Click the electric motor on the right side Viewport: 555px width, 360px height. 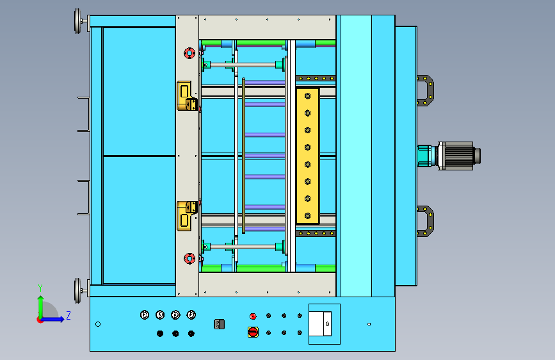tap(456, 156)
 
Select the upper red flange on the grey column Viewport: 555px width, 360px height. tap(189, 53)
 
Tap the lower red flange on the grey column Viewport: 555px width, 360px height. tap(189, 259)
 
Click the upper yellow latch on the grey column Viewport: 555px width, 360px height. tap(187, 95)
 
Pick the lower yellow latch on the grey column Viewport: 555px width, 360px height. tap(187, 216)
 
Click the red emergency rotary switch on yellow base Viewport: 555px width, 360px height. tap(253, 332)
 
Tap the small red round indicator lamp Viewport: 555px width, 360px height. tap(253, 316)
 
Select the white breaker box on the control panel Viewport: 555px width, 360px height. tap(320, 324)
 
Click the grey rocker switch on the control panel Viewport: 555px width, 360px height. tap(219, 324)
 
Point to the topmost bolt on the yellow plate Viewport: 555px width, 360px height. tap(307, 96)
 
